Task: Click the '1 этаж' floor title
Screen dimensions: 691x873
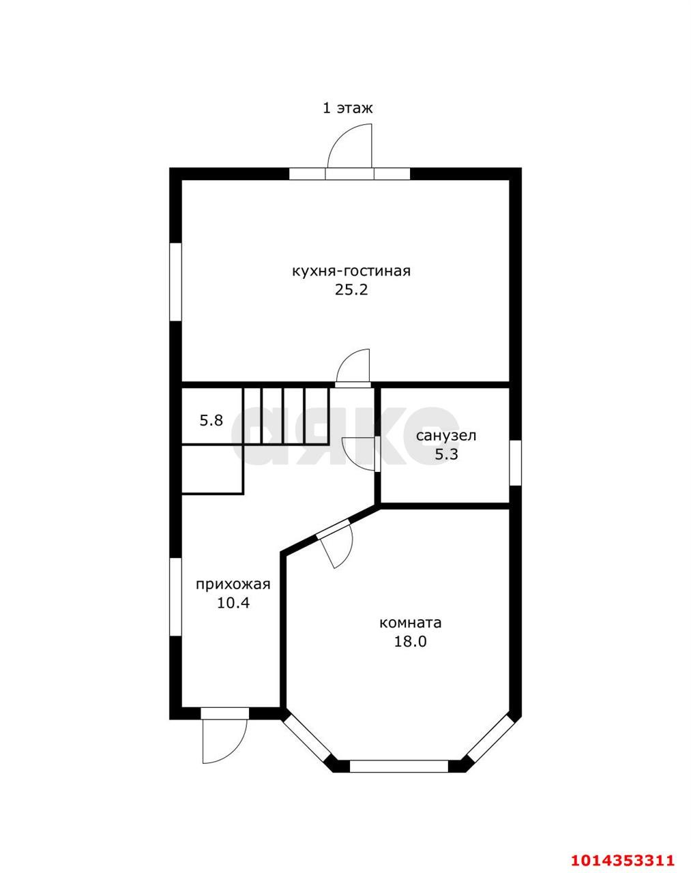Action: tap(347, 108)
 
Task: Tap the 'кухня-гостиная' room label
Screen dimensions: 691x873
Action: tap(351, 271)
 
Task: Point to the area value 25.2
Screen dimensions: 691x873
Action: tap(351, 290)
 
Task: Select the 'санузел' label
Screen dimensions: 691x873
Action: tap(446, 436)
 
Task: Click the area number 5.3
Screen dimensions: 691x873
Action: tap(447, 454)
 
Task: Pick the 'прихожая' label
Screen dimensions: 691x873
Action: tap(233, 585)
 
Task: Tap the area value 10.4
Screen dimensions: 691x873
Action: tap(233, 603)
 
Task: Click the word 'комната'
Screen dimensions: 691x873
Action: tap(410, 623)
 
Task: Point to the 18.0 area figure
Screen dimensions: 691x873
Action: tap(411, 641)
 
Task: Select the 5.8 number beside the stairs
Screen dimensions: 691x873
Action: tap(211, 420)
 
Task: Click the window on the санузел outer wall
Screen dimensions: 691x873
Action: tap(515, 462)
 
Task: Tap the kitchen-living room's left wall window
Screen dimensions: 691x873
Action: tap(176, 282)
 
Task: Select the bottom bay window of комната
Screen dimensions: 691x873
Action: tap(399, 767)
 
